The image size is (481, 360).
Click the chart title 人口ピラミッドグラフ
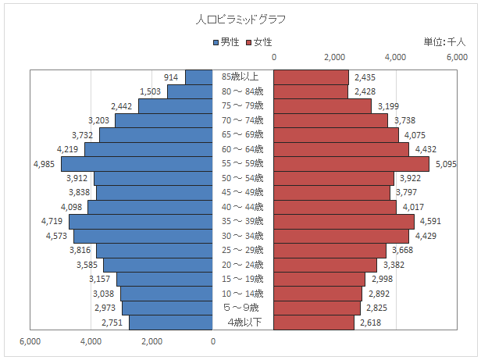point(241,18)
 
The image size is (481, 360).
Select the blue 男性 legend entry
point(226,42)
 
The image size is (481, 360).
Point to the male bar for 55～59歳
point(137,164)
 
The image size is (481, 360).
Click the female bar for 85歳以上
point(311,77)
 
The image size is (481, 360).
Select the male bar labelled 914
point(199,77)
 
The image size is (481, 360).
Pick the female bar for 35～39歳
point(344,221)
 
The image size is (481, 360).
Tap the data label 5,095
point(445,164)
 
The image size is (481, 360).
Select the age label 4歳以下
point(243,322)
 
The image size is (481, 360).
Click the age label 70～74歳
point(243,120)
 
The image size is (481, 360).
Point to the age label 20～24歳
point(243,264)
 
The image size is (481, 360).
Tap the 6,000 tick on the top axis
point(457,57)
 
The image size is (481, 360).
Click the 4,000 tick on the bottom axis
point(91,341)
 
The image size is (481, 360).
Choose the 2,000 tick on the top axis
point(335,57)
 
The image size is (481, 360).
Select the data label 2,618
point(369,322)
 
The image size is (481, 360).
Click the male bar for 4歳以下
point(171,322)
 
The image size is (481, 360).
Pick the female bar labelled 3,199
point(322,106)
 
